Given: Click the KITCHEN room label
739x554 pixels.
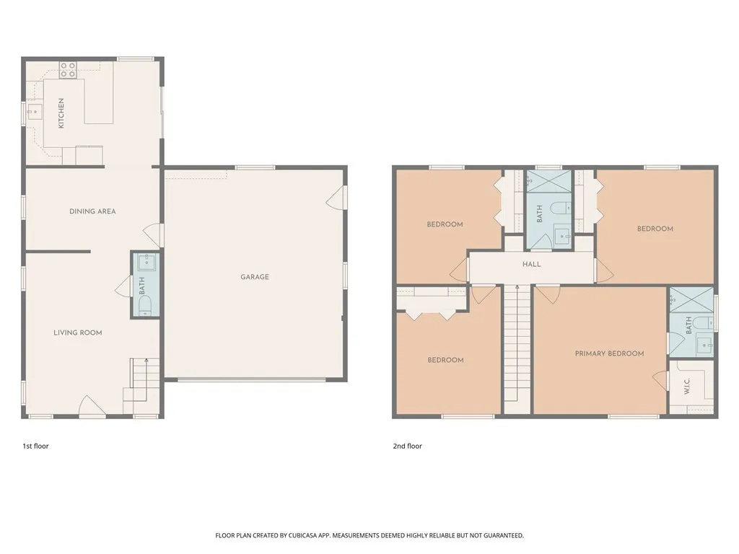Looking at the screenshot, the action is pos(61,113).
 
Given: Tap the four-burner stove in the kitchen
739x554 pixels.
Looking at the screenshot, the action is pos(68,70).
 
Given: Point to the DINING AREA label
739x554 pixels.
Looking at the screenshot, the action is pos(92,211).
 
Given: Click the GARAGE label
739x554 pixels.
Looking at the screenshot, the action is pos(255,277).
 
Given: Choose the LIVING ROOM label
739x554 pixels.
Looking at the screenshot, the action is pos(78,333).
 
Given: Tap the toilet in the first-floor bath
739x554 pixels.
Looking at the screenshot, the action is pos(145,305).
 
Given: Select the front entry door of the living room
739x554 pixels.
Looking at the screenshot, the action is pos(92,407).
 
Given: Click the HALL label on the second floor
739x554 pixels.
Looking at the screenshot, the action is pos(532,264).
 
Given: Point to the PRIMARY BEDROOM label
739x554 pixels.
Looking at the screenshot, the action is pos(609,353).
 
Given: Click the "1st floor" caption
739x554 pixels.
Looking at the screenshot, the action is pos(36,446).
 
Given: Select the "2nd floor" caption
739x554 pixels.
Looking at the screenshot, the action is pos(408,446).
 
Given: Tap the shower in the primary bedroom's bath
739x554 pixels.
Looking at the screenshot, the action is pos(691,299).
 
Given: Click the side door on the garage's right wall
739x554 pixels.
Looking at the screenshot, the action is pos(336,198).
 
